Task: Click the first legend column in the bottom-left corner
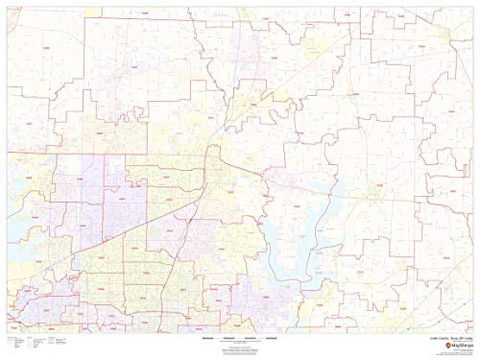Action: point(14,345)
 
